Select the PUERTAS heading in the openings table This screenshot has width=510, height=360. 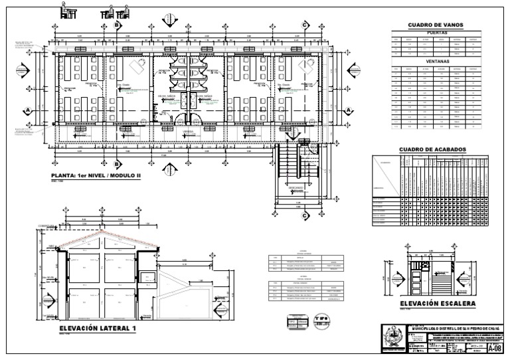point(436,32)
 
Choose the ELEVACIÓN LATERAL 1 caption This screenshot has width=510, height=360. point(97,329)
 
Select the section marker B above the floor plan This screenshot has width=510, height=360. point(117,25)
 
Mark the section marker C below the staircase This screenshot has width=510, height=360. point(304,215)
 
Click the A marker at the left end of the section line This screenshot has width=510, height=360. point(28,110)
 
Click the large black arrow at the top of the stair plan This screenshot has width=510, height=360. point(290,134)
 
